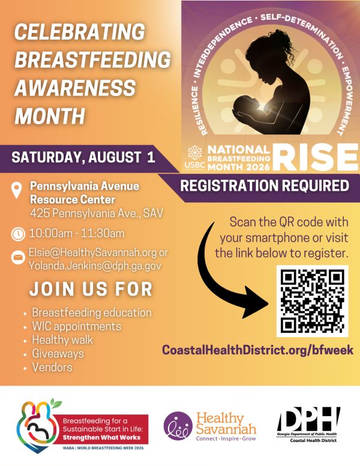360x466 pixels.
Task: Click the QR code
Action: pos(313,301)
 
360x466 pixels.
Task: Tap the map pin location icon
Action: pos(17,191)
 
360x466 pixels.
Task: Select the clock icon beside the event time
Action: pos(18,234)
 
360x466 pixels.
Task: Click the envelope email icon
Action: pos(18,257)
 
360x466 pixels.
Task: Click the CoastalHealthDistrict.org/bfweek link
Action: pos(258,350)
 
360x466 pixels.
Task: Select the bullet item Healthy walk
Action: pos(62,339)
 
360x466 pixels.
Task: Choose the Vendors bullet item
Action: pos(52,367)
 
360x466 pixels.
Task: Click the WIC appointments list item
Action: pos(77,326)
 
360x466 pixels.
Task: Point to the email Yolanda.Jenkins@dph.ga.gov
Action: pos(95,266)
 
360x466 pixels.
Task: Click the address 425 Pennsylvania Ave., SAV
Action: pos(97,213)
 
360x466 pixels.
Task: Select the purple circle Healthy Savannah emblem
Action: pos(178,426)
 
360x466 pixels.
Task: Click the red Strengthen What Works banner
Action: pos(101,429)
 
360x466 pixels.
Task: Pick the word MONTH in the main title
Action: pos(50,116)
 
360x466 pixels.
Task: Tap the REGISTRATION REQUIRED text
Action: pos(265,186)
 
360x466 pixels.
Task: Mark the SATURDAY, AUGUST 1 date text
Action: pos(83,157)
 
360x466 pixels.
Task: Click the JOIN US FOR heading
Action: pos(91,288)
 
